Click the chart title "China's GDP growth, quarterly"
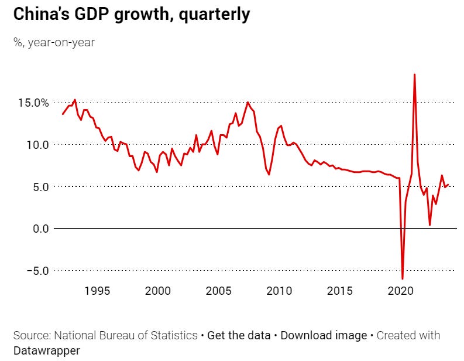coord(131,15)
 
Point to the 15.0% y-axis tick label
coord(29,103)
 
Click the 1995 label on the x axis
coord(97,291)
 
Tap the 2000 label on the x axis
coord(158,291)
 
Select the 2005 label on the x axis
coord(219,291)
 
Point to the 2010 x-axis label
coord(280,291)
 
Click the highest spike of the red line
coord(414,75)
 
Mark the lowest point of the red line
coord(403,278)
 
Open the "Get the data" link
coord(239,336)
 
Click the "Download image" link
coord(323,336)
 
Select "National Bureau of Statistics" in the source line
coord(126,336)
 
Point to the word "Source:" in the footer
coord(32,336)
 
